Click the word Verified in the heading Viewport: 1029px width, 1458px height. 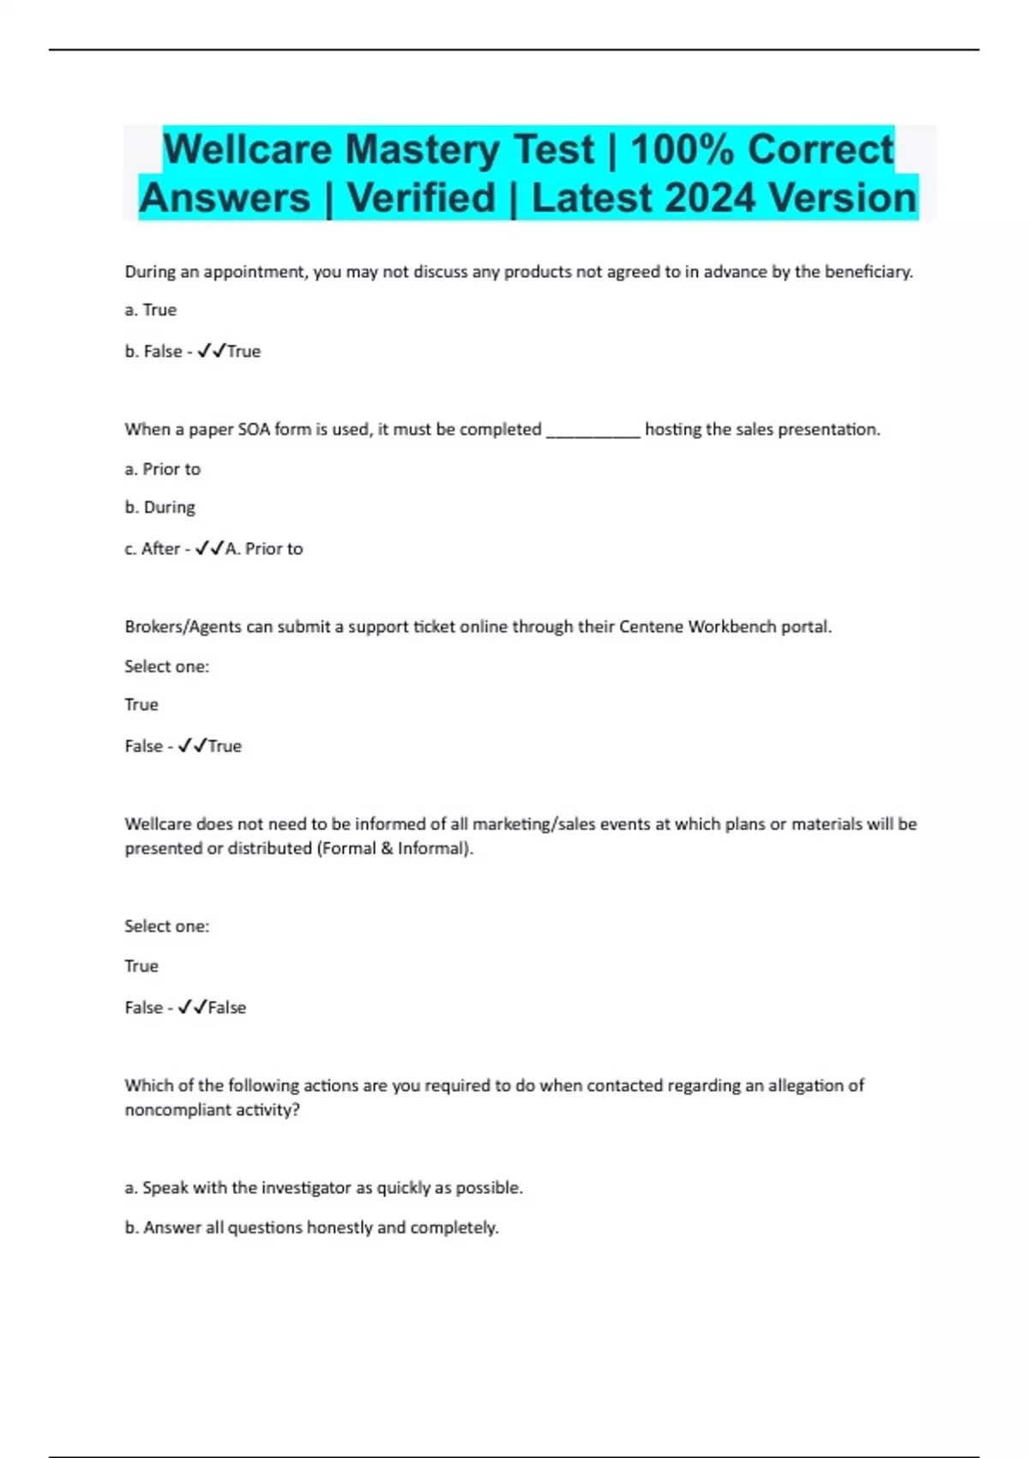(421, 198)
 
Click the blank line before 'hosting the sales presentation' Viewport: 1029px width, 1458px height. (593, 431)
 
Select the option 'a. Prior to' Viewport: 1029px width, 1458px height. (163, 469)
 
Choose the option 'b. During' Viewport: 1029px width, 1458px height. (160, 508)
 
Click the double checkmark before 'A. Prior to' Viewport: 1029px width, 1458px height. (209, 548)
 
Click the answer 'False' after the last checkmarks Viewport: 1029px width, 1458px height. (227, 1008)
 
